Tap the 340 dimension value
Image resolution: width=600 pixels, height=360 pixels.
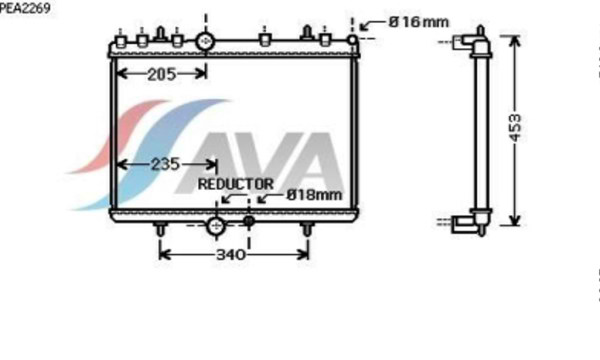tap(231, 256)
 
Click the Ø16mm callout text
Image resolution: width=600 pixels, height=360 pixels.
tap(420, 22)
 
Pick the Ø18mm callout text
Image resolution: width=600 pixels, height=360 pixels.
tap(314, 195)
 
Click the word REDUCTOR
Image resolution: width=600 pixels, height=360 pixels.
tap(235, 184)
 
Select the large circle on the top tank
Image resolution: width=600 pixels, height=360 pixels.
tap(207, 41)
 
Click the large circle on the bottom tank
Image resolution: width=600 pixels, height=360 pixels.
tap(216, 227)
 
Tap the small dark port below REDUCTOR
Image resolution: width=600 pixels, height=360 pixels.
tap(250, 219)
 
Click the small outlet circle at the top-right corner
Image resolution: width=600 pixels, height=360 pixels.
tap(353, 40)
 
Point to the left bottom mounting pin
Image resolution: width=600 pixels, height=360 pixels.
tap(160, 232)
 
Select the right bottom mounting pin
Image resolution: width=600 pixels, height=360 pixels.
tap(308, 232)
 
